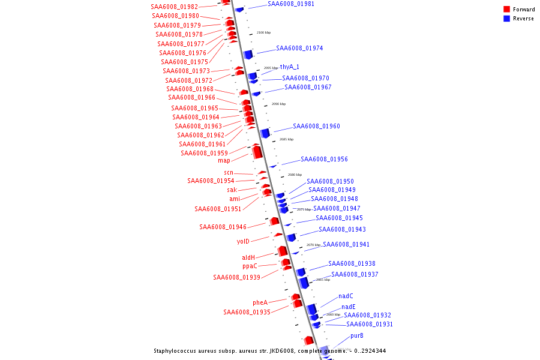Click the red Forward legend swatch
[506, 10]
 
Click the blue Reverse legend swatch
[506, 19]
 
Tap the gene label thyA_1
[289, 67]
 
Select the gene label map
[224, 161]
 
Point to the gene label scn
[229, 173]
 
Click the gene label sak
[232, 190]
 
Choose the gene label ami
[235, 199]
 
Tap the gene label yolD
[243, 242]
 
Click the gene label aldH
[248, 258]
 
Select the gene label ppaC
[250, 266]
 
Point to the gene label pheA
[260, 303]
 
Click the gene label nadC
[346, 296]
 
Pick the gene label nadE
[349, 307]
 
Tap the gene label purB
[357, 336]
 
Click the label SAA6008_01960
[316, 127]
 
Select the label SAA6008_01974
[299, 49]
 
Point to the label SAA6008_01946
[223, 227]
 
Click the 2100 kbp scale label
[264, 32]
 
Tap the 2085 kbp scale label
[286, 139]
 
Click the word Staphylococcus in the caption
[177, 351]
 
